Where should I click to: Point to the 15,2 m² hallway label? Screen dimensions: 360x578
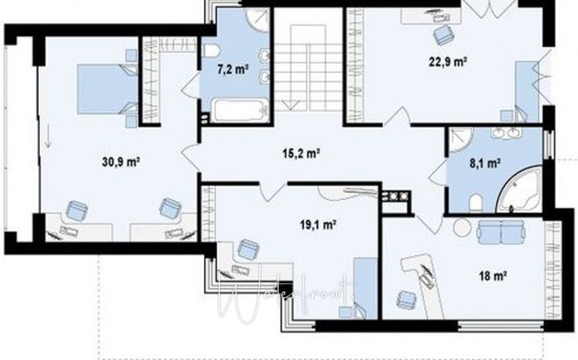[x=300, y=153]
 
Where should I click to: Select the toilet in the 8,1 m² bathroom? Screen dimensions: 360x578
[x=474, y=202]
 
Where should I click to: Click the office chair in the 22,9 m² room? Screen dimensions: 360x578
[x=444, y=34]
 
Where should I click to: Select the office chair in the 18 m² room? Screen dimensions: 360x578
[x=404, y=298]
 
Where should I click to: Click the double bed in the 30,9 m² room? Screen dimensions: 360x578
[x=107, y=89]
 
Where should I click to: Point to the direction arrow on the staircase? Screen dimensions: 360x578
[x=288, y=102]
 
